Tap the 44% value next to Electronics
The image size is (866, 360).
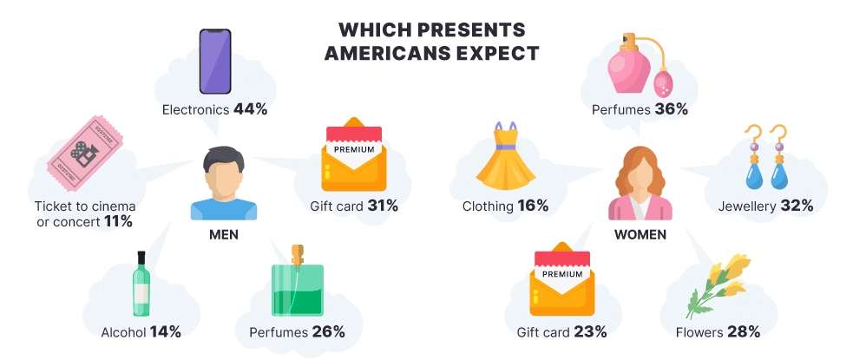[250, 110]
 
